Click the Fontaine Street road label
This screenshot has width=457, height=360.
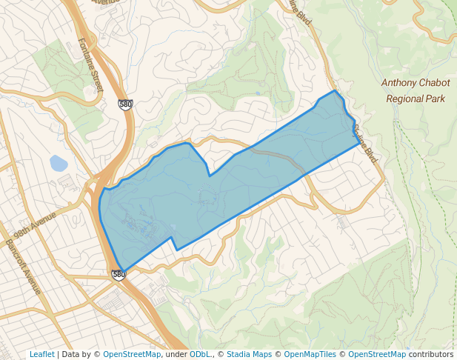pos(91,66)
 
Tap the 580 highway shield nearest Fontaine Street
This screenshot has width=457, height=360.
pos(125,104)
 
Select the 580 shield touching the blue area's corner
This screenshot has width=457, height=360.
pos(119,275)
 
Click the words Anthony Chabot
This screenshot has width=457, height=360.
pos(415,83)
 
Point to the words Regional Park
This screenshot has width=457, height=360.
pos(415,98)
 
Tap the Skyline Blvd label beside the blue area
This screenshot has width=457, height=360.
pos(365,144)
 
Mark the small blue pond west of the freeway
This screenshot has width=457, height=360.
pos(58,163)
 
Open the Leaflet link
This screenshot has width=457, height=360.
pos(41,354)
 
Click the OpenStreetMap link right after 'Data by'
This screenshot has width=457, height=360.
pos(131,354)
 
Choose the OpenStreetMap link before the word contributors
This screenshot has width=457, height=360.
pos(376,354)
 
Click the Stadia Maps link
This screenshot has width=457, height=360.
pos(248,354)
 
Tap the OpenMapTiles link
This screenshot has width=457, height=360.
pos(310,354)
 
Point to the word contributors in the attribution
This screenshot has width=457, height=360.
pos(430,354)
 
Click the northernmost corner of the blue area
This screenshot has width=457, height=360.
pos(336,91)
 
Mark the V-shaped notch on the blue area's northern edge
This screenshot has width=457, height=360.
pos(210,176)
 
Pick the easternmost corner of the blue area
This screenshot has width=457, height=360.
pos(360,142)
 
